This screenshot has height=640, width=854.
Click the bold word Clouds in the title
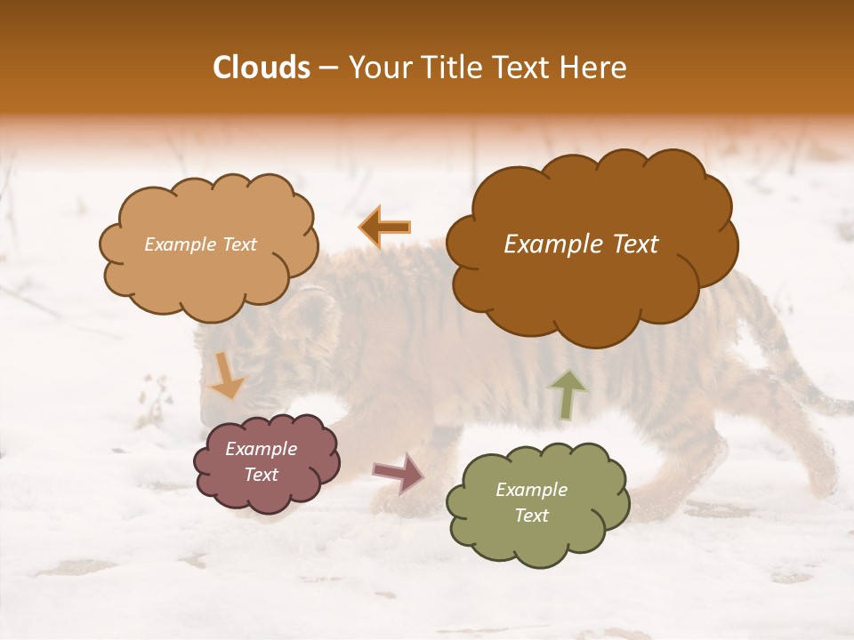pos(262,68)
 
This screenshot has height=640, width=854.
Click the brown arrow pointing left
pos(385,228)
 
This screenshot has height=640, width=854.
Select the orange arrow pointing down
pos(226,376)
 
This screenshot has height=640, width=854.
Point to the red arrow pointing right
pos(399,472)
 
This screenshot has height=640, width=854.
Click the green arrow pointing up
pos(568,395)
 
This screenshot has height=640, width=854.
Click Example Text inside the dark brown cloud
pos(581,244)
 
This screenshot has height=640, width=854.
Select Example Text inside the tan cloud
pos(200,244)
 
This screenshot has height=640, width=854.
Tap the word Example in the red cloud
pos(261,449)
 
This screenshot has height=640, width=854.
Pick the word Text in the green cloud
pos(531,516)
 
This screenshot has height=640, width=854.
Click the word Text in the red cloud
pos(261,475)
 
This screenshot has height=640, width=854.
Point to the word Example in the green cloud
pos(531,490)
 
